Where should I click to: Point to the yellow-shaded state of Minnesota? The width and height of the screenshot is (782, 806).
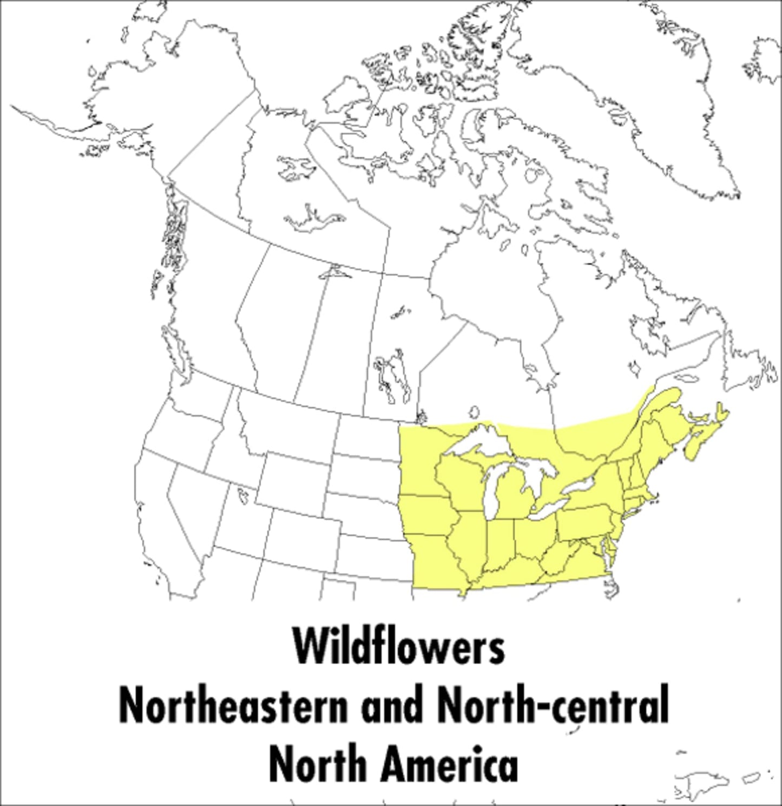pos(422,460)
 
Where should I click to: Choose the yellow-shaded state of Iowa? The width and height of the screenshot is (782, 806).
pos(428,514)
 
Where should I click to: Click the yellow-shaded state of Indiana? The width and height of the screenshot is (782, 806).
pos(501,544)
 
